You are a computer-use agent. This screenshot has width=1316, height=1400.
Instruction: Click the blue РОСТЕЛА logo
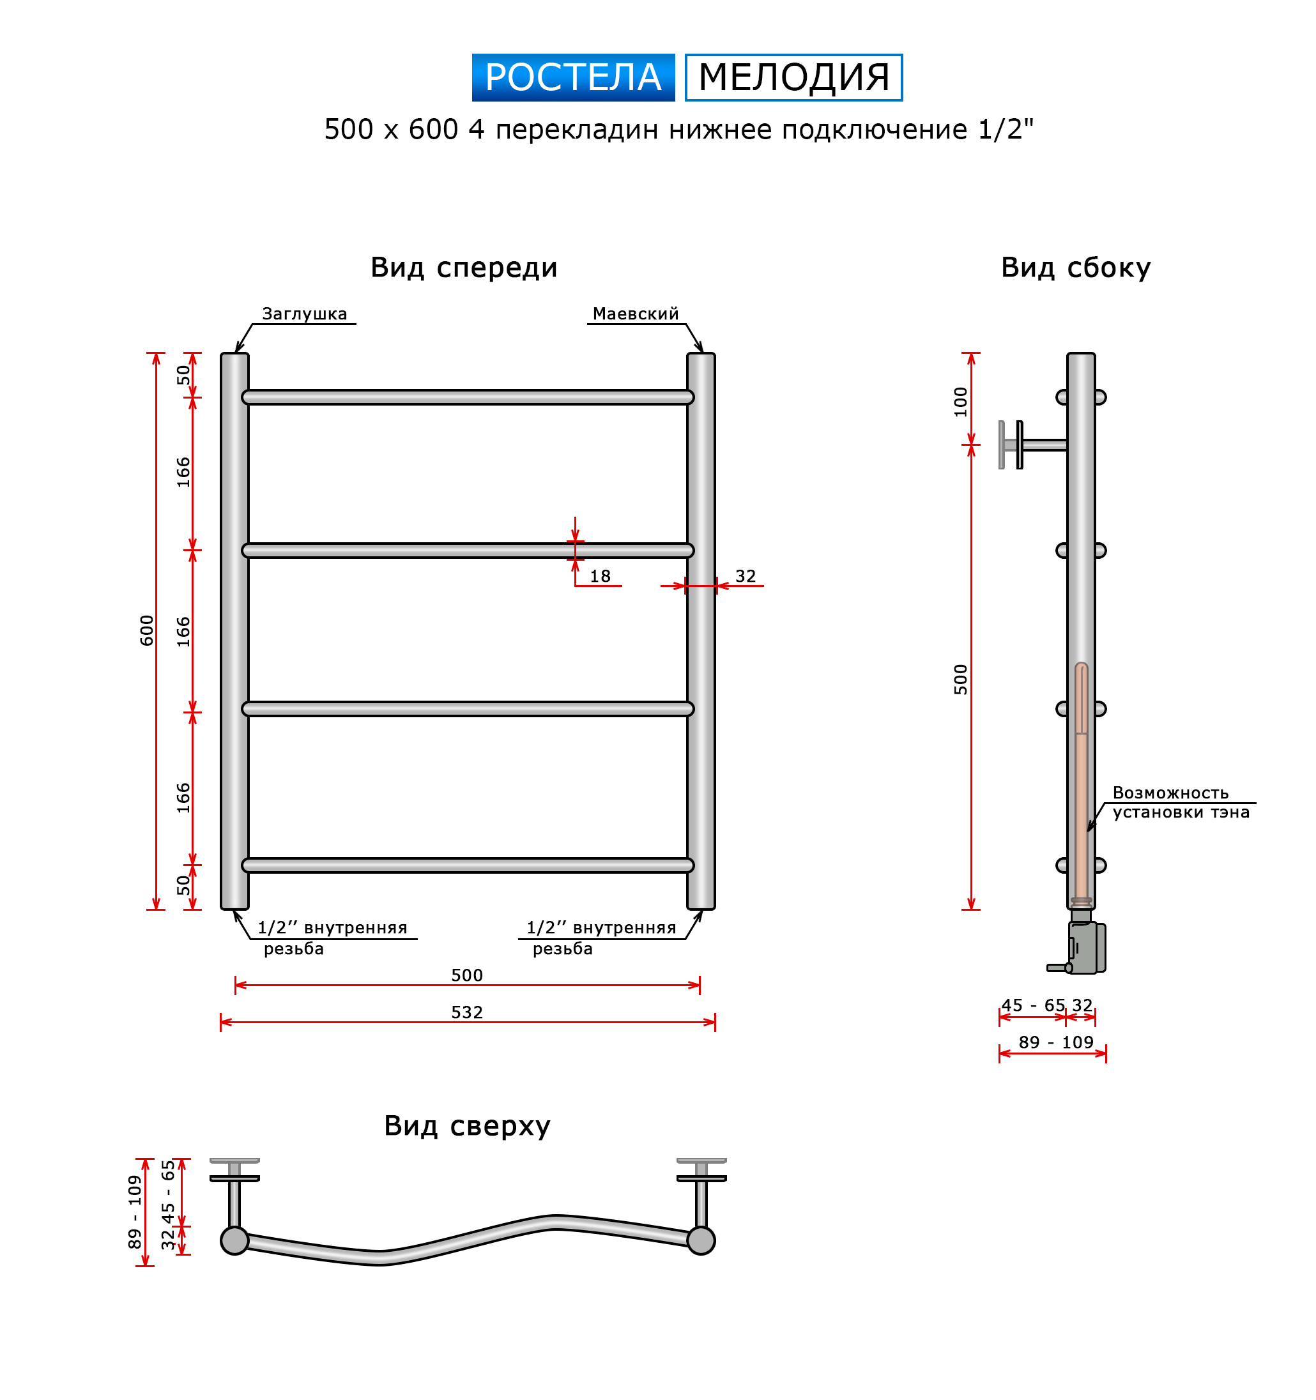(x=573, y=77)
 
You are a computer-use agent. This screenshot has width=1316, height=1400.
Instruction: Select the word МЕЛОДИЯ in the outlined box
(x=794, y=77)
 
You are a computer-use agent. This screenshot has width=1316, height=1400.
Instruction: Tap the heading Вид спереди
(x=464, y=268)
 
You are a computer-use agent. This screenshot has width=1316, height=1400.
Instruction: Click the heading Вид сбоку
(x=1076, y=268)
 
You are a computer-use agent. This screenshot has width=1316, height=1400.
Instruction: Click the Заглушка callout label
(x=304, y=314)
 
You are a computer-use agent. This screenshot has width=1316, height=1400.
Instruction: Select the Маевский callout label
(x=636, y=314)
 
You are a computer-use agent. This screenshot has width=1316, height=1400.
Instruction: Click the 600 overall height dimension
(x=146, y=630)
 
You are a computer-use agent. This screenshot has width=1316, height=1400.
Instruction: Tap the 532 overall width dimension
(x=467, y=1012)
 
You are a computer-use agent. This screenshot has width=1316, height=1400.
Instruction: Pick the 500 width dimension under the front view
(x=467, y=975)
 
